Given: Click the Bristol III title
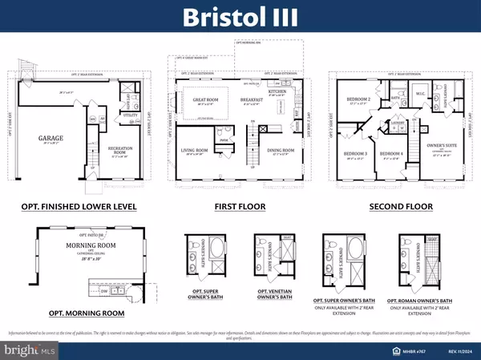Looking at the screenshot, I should [x=240, y=18].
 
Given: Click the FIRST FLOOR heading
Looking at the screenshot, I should [x=240, y=206].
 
